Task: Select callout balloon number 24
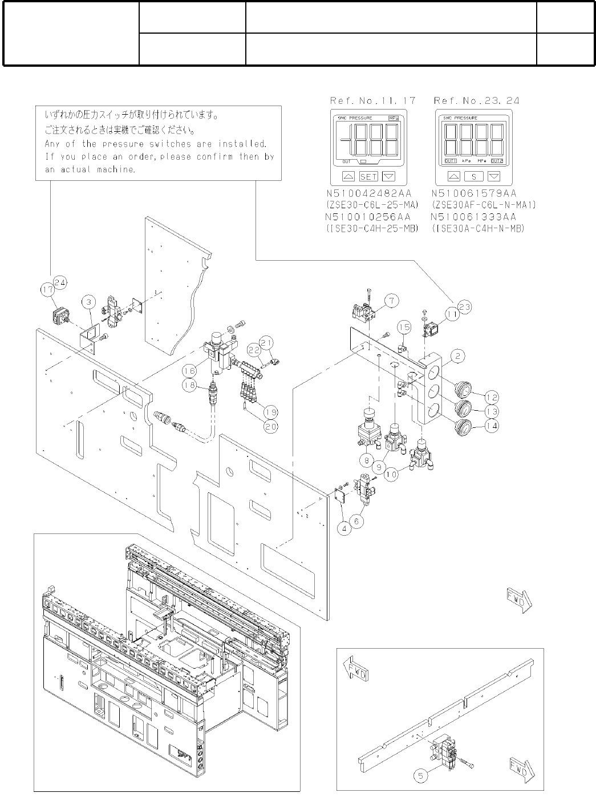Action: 60,281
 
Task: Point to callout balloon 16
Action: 190,370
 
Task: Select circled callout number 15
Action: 404,327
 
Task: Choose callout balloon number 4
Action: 344,528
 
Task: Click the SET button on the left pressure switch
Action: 368,176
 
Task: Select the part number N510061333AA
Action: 473,217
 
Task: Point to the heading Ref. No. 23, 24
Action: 477,100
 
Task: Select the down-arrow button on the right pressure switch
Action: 494,176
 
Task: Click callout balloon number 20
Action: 271,426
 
